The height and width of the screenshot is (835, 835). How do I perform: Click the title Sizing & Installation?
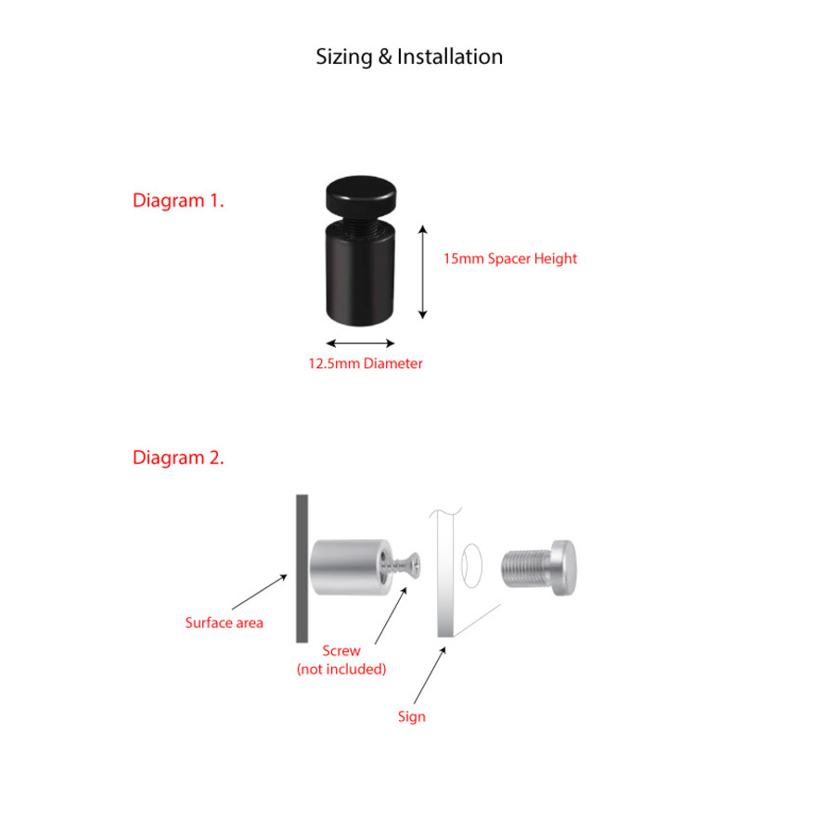click(x=409, y=57)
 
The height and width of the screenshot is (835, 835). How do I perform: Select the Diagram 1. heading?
click(x=178, y=200)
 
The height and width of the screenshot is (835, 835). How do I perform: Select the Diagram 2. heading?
click(x=178, y=457)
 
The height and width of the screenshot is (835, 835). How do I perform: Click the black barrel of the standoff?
click(x=360, y=274)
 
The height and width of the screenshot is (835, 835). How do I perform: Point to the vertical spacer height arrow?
click(x=423, y=272)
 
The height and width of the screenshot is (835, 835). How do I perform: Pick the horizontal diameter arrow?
click(x=360, y=343)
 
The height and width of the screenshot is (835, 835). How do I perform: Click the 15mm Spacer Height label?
click(x=510, y=259)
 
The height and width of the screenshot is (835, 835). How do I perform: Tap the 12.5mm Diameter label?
click(x=366, y=363)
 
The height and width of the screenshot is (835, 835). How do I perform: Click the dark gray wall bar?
click(x=302, y=568)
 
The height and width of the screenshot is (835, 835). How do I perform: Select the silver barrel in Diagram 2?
click(x=352, y=567)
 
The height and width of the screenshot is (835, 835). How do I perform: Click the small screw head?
click(x=413, y=566)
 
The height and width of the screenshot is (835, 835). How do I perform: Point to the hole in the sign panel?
click(x=472, y=566)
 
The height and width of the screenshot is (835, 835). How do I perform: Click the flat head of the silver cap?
click(x=564, y=568)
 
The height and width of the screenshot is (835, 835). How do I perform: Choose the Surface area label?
click(x=225, y=623)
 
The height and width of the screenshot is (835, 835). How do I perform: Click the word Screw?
click(x=341, y=650)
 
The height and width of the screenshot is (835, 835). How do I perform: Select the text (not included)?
click(x=341, y=669)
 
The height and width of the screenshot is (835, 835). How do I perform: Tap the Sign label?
click(x=412, y=717)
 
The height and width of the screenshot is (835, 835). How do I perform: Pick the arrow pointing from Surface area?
click(x=260, y=592)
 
